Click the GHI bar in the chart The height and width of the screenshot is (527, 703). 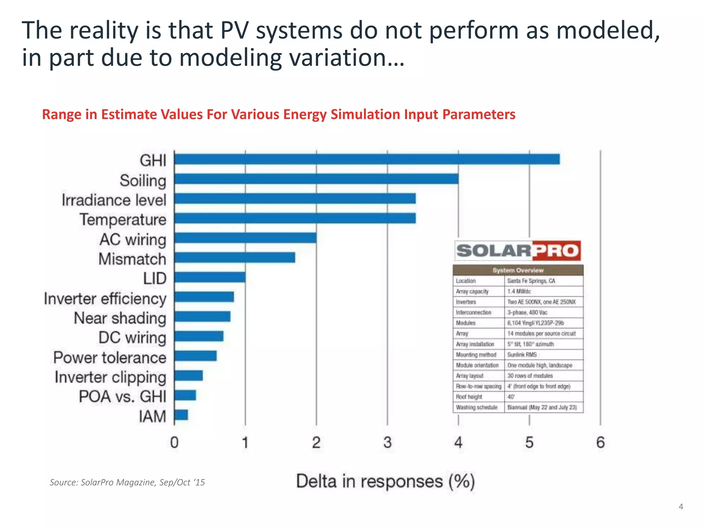(x=367, y=159)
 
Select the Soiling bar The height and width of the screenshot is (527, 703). (x=316, y=179)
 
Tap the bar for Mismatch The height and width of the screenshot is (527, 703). (x=234, y=257)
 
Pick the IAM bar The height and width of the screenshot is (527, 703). (x=181, y=415)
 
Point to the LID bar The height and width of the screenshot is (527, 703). (x=210, y=277)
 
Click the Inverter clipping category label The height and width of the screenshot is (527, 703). (x=110, y=377)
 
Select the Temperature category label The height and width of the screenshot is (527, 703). (x=123, y=220)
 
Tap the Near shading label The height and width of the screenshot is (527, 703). (x=120, y=318)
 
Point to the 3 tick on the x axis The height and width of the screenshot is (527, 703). (x=387, y=442)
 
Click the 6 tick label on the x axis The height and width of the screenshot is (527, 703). (x=600, y=442)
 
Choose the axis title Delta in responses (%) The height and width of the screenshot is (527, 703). (x=385, y=481)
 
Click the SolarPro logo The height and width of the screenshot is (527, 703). (x=518, y=251)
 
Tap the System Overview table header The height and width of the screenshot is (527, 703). (x=518, y=270)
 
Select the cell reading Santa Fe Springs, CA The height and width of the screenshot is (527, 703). (x=531, y=281)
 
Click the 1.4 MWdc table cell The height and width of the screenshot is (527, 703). (x=519, y=292)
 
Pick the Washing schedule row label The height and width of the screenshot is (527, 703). (x=476, y=408)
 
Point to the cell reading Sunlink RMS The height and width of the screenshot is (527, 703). (x=522, y=355)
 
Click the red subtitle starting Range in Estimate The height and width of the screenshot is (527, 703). (x=278, y=115)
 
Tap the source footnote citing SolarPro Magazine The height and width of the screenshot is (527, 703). (x=127, y=482)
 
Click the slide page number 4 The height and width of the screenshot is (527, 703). (x=681, y=506)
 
